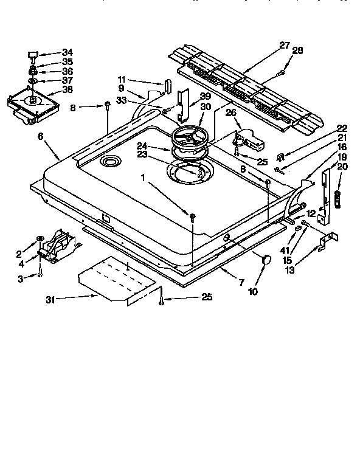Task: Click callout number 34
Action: pos(67,52)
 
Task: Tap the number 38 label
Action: pos(67,89)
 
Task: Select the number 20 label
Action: pos(342,167)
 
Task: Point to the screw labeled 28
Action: pos(280,74)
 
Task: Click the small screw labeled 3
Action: pos(40,274)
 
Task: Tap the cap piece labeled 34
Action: pos(34,53)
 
